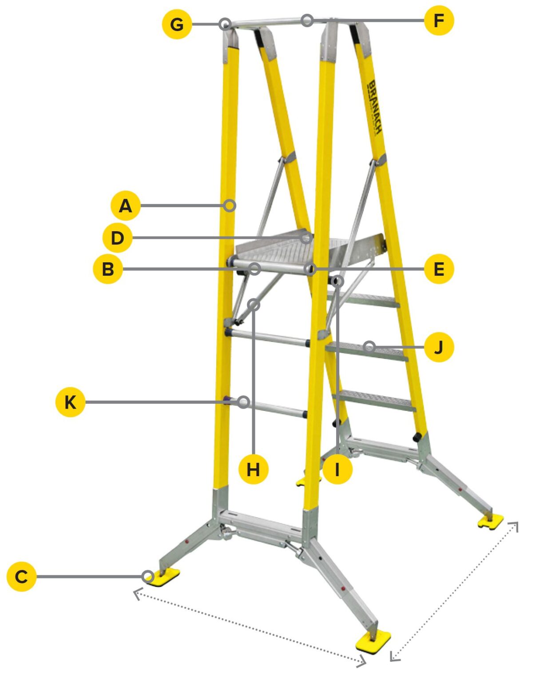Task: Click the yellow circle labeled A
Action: (x=126, y=206)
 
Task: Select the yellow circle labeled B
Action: (x=108, y=269)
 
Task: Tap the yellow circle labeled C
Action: (x=21, y=576)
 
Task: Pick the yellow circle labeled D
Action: (x=117, y=238)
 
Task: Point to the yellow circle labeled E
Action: (x=439, y=269)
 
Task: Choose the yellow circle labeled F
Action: (x=439, y=20)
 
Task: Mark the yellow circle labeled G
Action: (x=177, y=24)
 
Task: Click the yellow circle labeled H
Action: (x=254, y=469)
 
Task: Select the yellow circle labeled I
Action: (x=337, y=469)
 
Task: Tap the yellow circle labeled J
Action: (x=439, y=347)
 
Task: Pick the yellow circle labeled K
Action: (x=70, y=402)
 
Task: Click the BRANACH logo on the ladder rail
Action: (x=374, y=107)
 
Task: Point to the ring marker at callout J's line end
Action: (x=369, y=346)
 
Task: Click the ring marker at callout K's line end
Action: (x=243, y=402)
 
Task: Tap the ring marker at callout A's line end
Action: (x=230, y=205)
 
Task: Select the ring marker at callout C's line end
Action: (x=148, y=576)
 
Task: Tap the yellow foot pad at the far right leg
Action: (x=491, y=520)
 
